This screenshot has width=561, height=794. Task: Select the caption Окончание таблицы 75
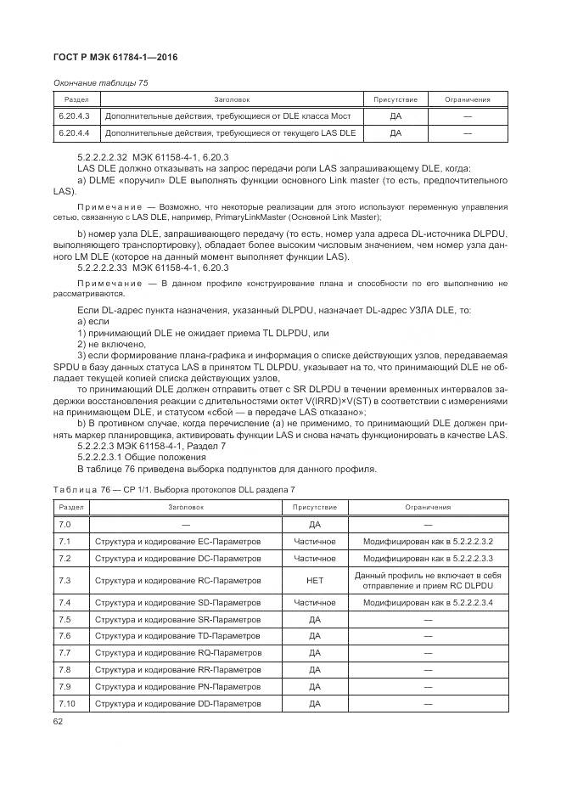100,82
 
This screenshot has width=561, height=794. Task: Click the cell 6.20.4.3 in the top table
72,116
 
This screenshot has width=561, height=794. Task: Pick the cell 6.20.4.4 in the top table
72,133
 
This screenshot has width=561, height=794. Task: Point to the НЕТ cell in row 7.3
315,581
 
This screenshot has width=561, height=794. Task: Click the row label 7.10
67,704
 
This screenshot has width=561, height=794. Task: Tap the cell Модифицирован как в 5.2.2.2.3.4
428,602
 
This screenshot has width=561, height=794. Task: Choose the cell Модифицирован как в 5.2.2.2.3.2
428,541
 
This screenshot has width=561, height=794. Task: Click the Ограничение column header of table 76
428,507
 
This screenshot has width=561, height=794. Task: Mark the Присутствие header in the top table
395,99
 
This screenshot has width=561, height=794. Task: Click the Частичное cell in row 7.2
315,558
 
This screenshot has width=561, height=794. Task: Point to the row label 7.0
65,525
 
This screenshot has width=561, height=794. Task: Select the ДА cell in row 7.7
315,652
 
